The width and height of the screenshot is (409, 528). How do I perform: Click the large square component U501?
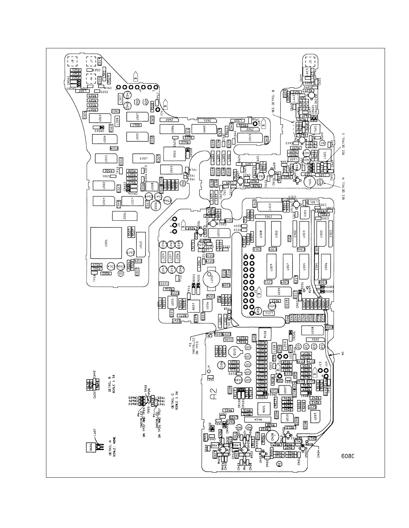pyautogui.click(x=106, y=243)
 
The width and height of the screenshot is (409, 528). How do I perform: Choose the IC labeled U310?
pyautogui.click(x=270, y=207)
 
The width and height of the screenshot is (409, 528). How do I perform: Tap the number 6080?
pyautogui.click(x=347, y=456)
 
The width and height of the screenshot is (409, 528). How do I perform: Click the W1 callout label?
pyautogui.click(x=342, y=353)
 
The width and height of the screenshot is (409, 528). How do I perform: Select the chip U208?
pyautogui.click(x=313, y=330)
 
